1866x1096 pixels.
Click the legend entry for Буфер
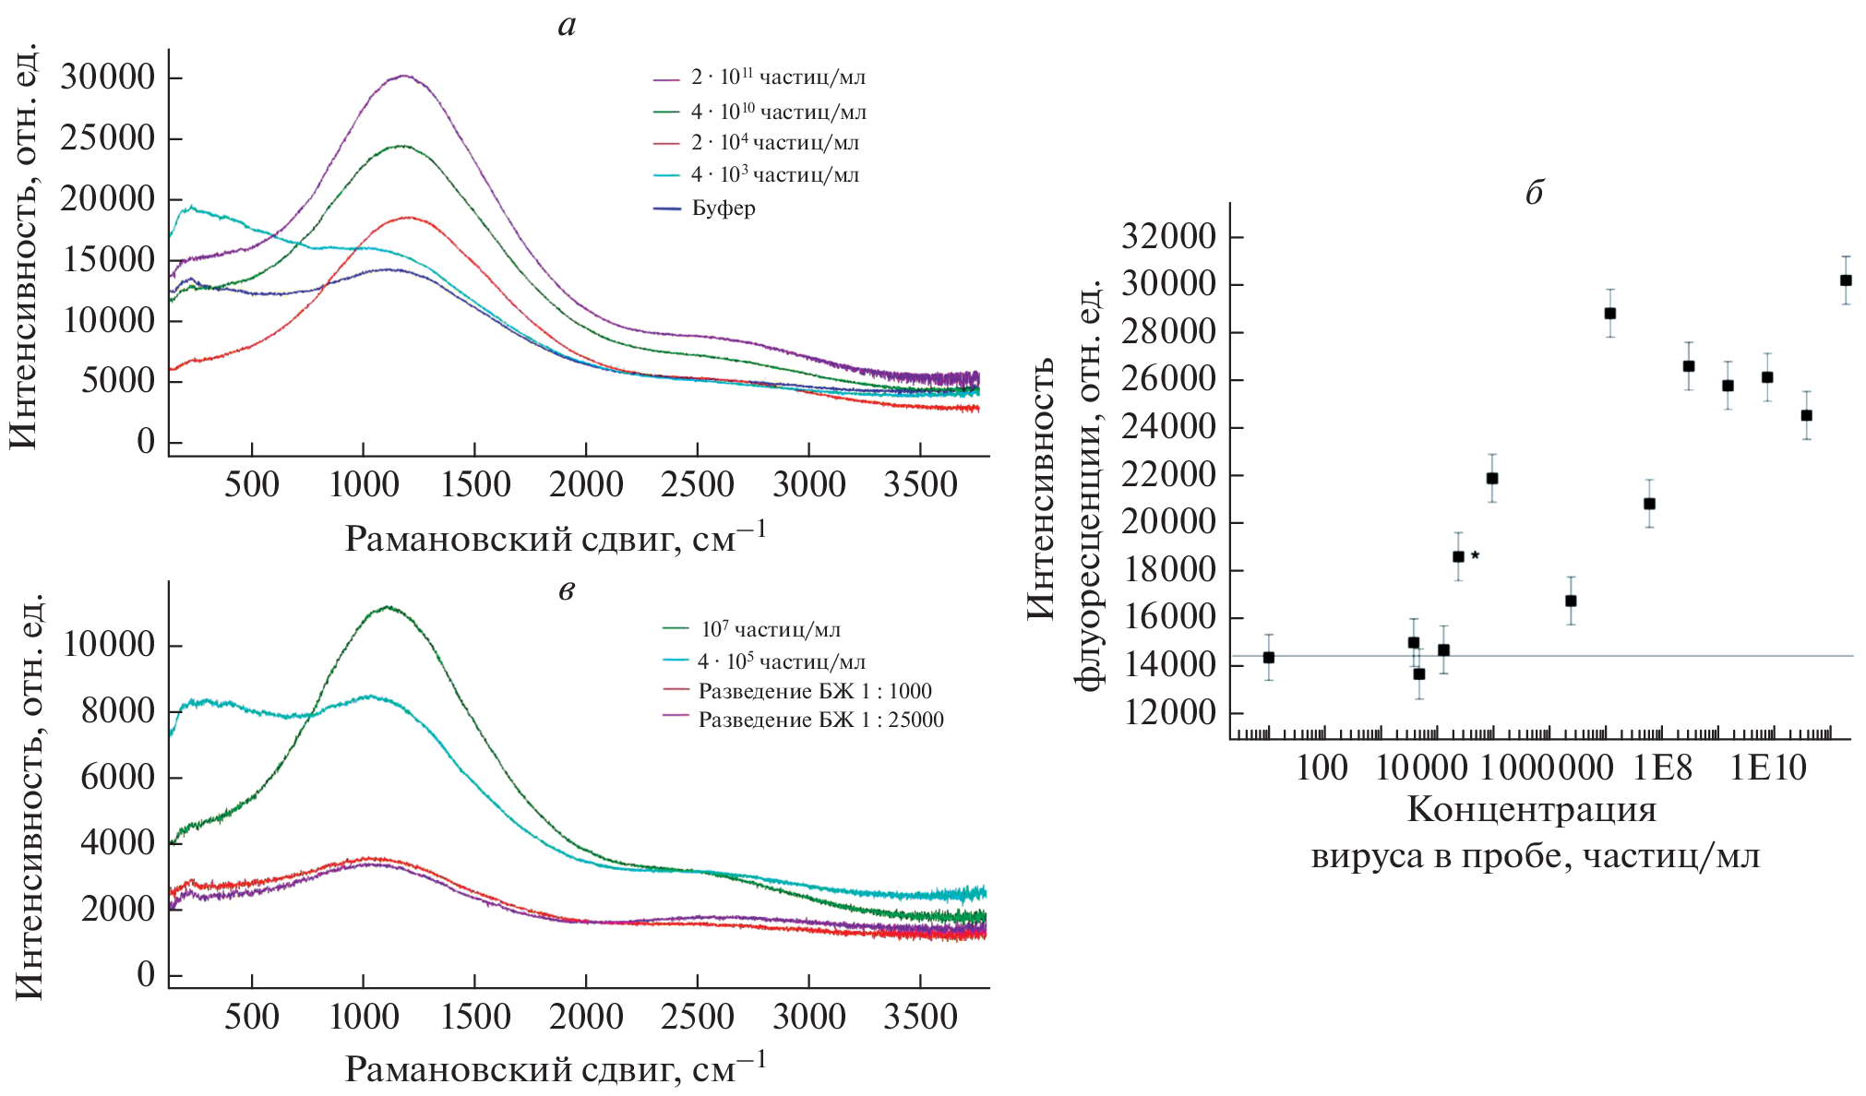pos(724,208)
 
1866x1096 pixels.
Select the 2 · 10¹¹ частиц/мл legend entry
pos(778,77)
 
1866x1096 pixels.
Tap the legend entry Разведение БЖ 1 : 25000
pos(820,721)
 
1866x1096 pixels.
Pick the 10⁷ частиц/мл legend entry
pos(771,630)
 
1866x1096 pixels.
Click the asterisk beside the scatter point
pos(1475,555)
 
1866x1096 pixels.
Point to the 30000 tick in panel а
pos(108,77)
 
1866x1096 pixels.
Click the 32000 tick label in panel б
pos(1168,237)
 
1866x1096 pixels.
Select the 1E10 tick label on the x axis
pos(1766,768)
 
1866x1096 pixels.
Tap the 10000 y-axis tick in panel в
pos(109,645)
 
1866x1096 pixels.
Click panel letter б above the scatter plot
pos(1534,194)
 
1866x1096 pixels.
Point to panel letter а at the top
pos(567,26)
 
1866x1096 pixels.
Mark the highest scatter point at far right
pos(1846,280)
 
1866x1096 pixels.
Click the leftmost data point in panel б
pos(1269,657)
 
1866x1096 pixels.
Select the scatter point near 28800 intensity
pos(1610,314)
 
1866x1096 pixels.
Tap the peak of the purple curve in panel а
pos(403,76)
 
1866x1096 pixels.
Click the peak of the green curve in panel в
pos(388,607)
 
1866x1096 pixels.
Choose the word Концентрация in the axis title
pos(1531,810)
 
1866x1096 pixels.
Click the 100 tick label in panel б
pos(1322,768)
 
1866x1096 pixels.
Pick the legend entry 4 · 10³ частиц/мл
pos(774,175)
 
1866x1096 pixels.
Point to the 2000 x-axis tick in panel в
pos(586,1017)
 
